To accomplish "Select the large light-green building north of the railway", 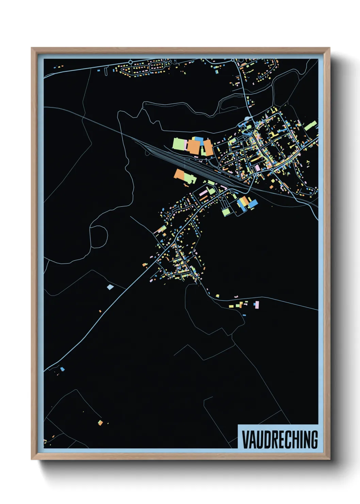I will [178, 144].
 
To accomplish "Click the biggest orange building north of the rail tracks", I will [193, 147].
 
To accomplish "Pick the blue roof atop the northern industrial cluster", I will [198, 140].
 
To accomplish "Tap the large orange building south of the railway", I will [179, 174].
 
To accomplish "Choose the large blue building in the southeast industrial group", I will [253, 204].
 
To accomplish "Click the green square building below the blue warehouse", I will [226, 212].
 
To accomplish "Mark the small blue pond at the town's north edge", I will [247, 119].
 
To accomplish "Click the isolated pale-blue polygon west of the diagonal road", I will [110, 287].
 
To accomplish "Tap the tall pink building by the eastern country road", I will [257, 304].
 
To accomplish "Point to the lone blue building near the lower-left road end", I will [62, 369].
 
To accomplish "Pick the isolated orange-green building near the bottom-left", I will [100, 423].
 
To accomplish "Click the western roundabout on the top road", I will [130, 62].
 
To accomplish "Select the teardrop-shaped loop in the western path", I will [99, 235].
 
